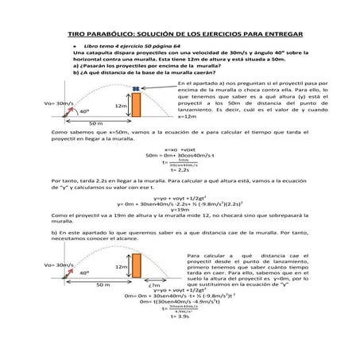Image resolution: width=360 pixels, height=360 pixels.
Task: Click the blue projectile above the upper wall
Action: point(136,89)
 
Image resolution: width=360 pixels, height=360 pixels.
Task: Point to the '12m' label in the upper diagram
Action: point(121,105)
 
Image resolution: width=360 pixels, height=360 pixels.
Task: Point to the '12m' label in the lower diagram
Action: point(121,267)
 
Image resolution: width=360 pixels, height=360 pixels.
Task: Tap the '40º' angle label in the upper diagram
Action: point(84,111)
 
